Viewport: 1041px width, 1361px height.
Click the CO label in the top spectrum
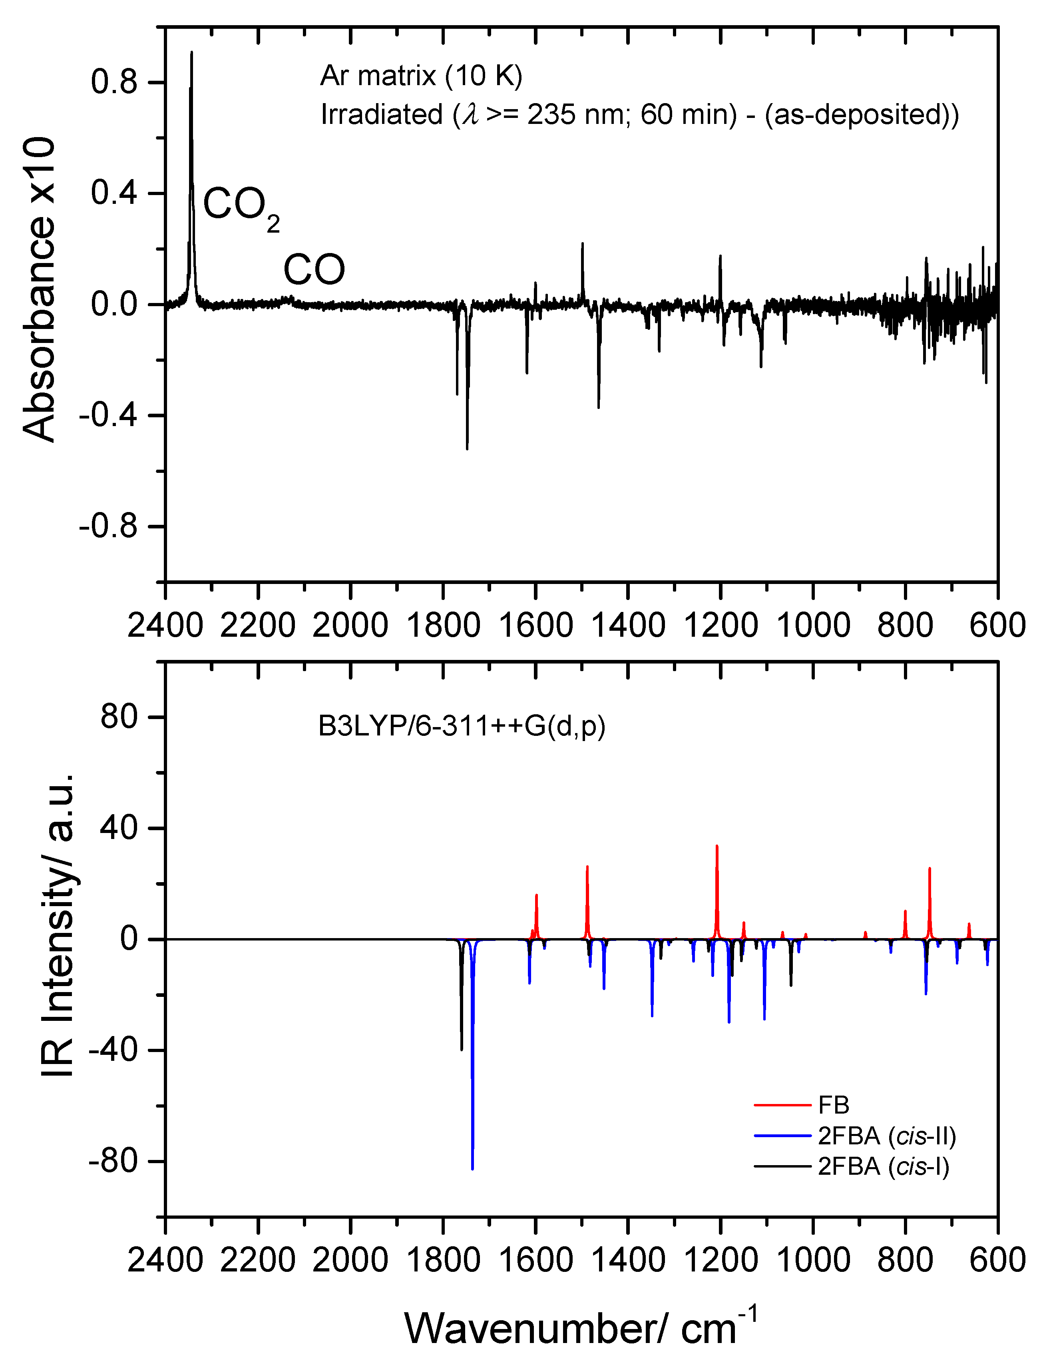(x=314, y=270)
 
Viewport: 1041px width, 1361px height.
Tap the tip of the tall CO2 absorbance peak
(x=191, y=53)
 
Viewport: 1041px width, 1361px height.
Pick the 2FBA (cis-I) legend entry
(x=884, y=1166)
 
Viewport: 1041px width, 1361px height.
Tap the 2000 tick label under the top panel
(x=350, y=626)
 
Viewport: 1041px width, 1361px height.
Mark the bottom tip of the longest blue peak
(x=472, y=1168)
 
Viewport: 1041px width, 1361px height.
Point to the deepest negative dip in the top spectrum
(x=467, y=448)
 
